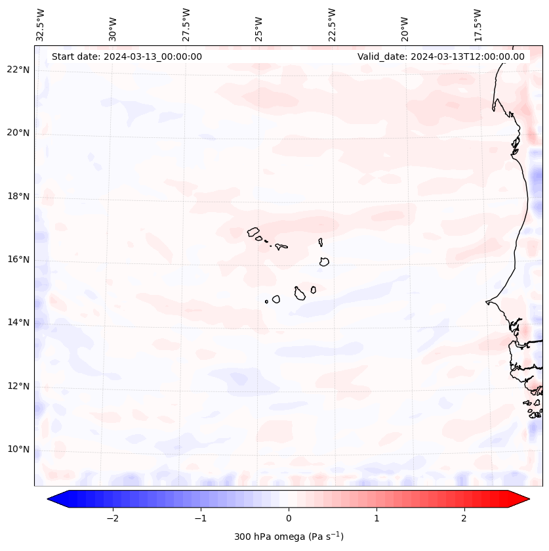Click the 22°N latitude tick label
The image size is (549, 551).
pyautogui.click(x=18, y=70)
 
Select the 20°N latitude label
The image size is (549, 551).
pyautogui.click(x=18, y=133)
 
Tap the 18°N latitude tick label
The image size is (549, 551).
pyautogui.click(x=18, y=196)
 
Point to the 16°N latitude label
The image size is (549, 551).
pyautogui.click(x=18, y=259)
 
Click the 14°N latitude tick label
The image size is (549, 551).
pyautogui.click(x=18, y=322)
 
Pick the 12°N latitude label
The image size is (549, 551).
pyautogui.click(x=18, y=386)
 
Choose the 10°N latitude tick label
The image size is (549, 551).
pyautogui.click(x=18, y=449)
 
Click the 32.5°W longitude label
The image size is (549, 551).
pyautogui.click(x=41, y=24)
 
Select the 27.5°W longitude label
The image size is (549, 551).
pyautogui.click(x=186, y=24)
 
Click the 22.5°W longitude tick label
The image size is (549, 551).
pyautogui.click(x=332, y=24)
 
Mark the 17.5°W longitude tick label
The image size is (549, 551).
pyautogui.click(x=478, y=24)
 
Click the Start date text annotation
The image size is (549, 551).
pyautogui.click(x=127, y=56)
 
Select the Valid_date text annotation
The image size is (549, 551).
pyautogui.click(x=441, y=56)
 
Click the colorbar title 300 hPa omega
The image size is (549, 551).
pyautogui.click(x=289, y=537)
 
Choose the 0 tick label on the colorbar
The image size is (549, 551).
pyautogui.click(x=289, y=518)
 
